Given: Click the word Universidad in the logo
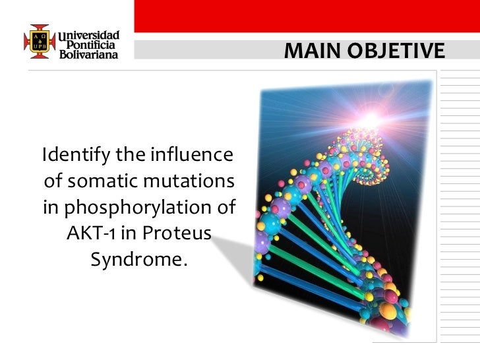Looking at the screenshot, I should [x=90, y=34].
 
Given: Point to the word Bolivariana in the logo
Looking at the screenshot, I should [x=90, y=55].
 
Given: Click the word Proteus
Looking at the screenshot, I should [x=177, y=234].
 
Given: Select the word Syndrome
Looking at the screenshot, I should [x=138, y=260].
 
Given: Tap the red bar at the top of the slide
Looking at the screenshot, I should [x=306, y=16].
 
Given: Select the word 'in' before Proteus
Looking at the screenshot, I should [x=129, y=234].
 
